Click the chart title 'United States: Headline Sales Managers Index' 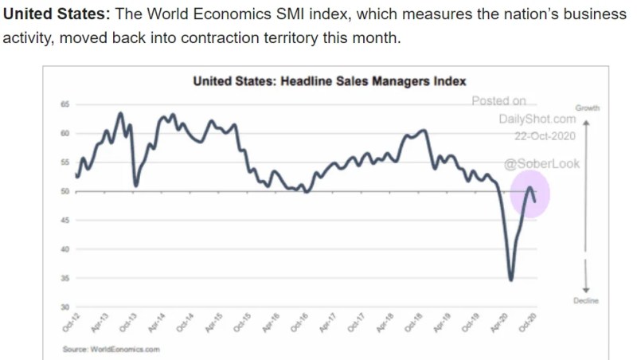330,81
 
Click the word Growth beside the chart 586,108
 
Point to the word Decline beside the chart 586,300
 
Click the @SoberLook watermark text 542,164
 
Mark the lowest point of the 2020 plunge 510,279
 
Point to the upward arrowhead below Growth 585,123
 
